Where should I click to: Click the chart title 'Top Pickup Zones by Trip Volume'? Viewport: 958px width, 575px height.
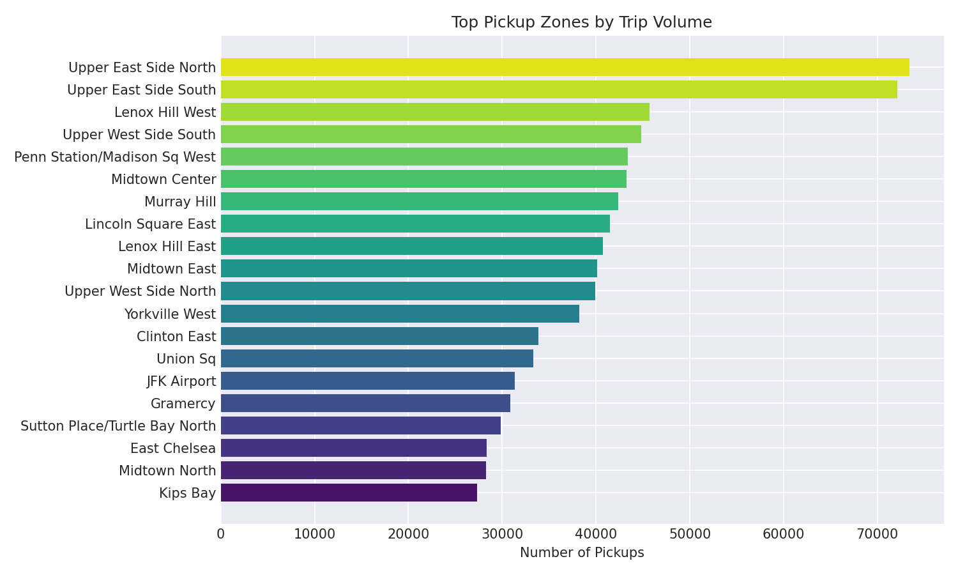click(x=581, y=22)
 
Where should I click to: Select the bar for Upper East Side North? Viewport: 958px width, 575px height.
click(x=565, y=67)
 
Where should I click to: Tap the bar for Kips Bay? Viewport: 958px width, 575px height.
click(x=349, y=493)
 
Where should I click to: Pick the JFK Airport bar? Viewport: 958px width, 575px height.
click(x=367, y=381)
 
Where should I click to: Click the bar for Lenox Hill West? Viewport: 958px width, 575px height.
click(x=435, y=112)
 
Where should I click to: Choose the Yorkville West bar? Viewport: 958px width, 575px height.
click(x=400, y=314)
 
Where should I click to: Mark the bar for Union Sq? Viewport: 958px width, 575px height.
click(x=377, y=358)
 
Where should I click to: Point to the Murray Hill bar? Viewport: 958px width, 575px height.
click(x=419, y=201)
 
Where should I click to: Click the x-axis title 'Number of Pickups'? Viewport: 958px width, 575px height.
click(x=581, y=553)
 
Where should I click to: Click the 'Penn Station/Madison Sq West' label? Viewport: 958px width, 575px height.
click(x=115, y=157)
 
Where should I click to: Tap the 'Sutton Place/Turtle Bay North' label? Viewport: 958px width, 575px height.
click(x=118, y=426)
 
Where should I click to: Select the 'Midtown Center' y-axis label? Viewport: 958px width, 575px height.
click(x=163, y=180)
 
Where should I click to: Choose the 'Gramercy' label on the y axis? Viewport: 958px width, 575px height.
click(x=183, y=404)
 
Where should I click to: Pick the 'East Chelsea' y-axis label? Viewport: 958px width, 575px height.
click(x=173, y=448)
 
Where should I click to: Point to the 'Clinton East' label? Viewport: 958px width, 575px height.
click(x=176, y=337)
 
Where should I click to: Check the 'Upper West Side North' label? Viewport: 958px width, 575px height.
click(x=140, y=291)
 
